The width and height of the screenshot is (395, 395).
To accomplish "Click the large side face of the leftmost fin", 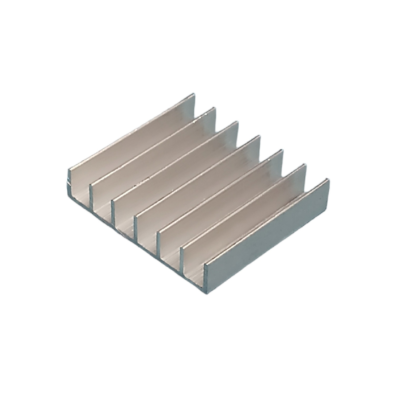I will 132,142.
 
